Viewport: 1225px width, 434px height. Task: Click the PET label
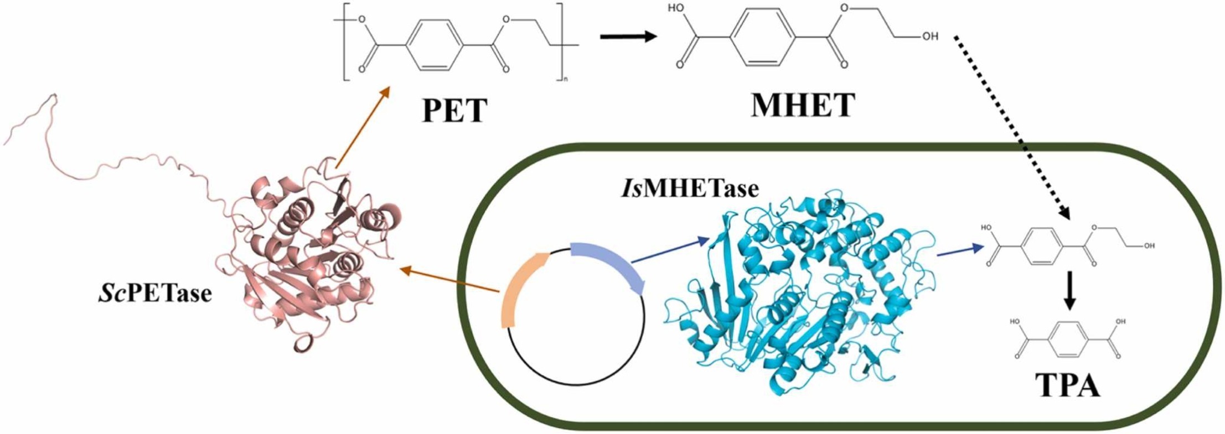point(454,110)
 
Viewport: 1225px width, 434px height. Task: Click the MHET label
point(803,105)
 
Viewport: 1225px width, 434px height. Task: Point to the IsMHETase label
point(688,189)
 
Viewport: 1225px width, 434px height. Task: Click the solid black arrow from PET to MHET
point(628,37)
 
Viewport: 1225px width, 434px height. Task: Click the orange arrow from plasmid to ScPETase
point(448,279)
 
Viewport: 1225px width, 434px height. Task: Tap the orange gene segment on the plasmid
point(520,287)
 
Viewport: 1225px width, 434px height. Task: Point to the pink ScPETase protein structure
point(310,260)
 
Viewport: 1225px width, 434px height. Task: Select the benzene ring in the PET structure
point(434,45)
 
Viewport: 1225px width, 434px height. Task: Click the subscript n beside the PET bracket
point(565,80)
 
